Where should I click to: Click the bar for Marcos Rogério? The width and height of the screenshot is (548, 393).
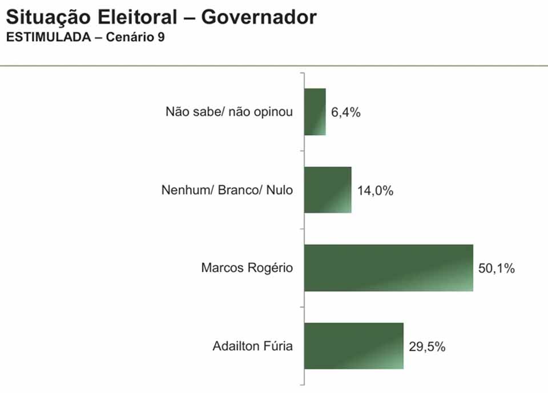click(389, 268)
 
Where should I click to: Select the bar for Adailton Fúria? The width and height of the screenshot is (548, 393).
click(354, 346)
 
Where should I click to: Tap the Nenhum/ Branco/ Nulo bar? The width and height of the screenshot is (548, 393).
click(328, 190)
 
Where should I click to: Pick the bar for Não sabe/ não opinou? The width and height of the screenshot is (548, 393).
click(315, 112)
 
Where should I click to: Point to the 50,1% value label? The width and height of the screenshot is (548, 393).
click(497, 268)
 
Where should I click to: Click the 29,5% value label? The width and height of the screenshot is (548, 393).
click(427, 346)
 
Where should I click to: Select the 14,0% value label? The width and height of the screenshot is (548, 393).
click(375, 191)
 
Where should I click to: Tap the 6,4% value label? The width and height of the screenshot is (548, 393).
click(346, 112)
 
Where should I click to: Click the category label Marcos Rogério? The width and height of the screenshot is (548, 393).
click(247, 268)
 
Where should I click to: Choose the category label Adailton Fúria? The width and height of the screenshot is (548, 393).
click(252, 346)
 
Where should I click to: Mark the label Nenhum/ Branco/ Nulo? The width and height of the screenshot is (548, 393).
click(227, 191)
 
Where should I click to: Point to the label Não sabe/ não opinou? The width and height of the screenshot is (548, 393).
click(229, 112)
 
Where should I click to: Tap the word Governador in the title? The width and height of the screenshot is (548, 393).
click(259, 18)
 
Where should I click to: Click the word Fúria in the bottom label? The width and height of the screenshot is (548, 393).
click(278, 346)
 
